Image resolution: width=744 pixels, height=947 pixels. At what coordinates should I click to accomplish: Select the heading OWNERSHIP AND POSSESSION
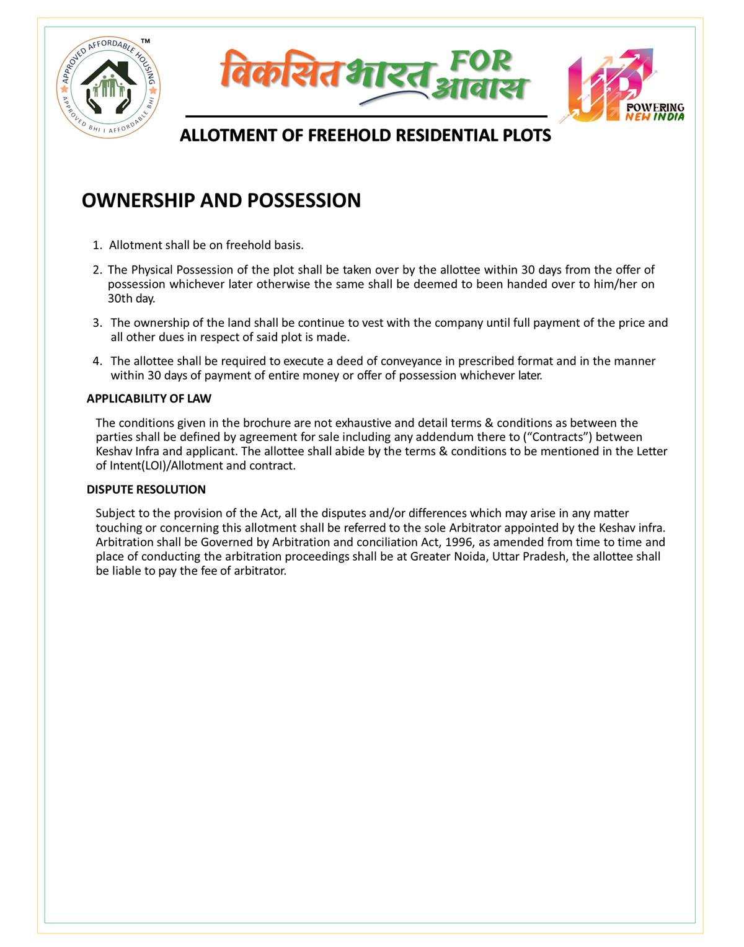click(221, 200)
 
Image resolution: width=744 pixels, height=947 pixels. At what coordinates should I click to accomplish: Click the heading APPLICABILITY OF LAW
click(149, 398)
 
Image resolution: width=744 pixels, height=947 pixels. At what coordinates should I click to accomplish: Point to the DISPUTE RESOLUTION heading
click(146, 489)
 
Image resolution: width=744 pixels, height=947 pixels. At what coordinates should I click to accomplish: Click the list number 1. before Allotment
click(97, 245)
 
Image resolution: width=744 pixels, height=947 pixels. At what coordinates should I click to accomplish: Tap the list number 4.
click(97, 361)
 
